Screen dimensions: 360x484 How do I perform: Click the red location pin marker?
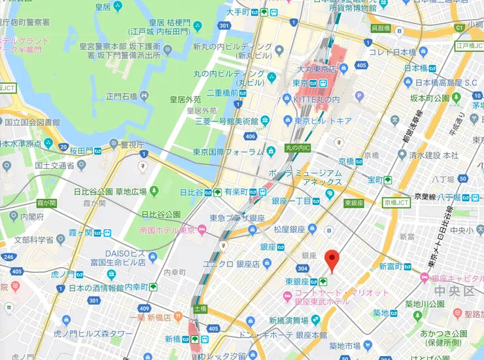[332, 261]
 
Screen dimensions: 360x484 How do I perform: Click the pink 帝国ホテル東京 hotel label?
[167, 230]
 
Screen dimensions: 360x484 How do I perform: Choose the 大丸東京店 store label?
[307, 69]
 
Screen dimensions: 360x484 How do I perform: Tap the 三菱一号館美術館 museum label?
[218, 120]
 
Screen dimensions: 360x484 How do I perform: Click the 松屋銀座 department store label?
[290, 229]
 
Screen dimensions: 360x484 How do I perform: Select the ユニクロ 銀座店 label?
[232, 263]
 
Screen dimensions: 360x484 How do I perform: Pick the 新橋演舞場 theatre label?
[288, 320]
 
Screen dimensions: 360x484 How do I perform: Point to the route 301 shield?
[224, 26]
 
